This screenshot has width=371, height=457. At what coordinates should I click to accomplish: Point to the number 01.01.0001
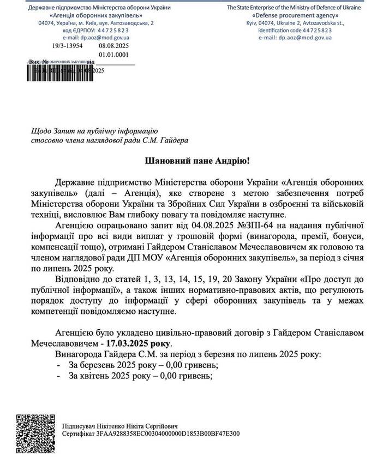click(x=113, y=55)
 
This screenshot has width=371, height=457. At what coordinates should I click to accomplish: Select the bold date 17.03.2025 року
click(x=140, y=343)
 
